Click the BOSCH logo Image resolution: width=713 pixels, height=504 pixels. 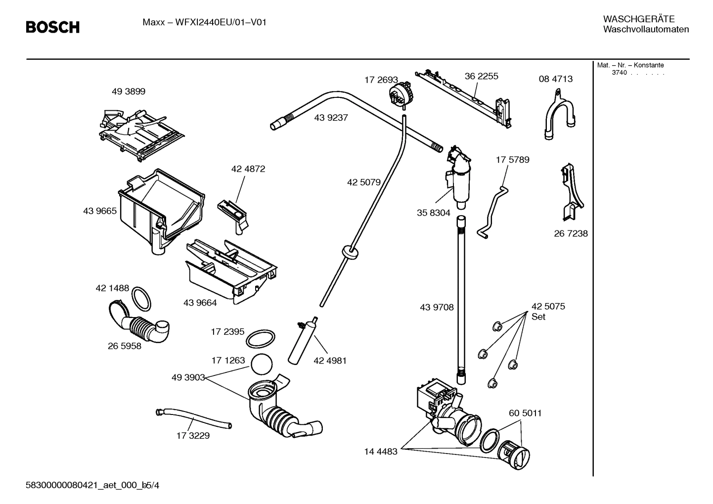tap(52, 27)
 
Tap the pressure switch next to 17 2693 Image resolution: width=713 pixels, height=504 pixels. tap(400, 93)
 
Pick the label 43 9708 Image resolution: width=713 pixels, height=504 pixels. tap(437, 307)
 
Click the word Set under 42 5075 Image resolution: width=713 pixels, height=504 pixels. tap(538, 317)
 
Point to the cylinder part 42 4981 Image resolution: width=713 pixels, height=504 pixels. tap(302, 341)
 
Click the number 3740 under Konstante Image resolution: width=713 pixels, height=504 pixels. tap(619, 73)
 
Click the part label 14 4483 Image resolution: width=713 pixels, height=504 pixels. tap(381, 452)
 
